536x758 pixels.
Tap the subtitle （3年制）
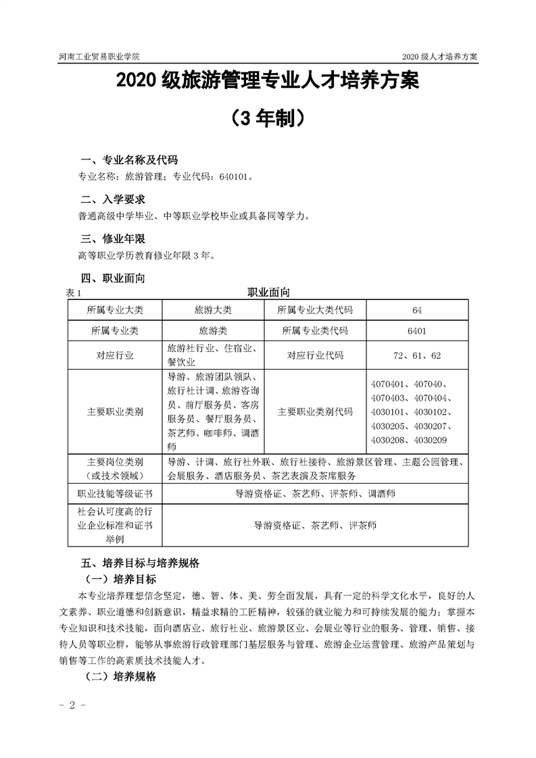coord(267,118)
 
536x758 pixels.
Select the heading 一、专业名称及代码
coord(128,160)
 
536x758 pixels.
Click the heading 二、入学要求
coord(112,200)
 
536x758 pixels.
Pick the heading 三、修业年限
coord(112,239)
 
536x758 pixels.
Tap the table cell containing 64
coord(416,310)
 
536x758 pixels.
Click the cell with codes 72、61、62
coord(416,355)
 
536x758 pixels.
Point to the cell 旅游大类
coord(213,310)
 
